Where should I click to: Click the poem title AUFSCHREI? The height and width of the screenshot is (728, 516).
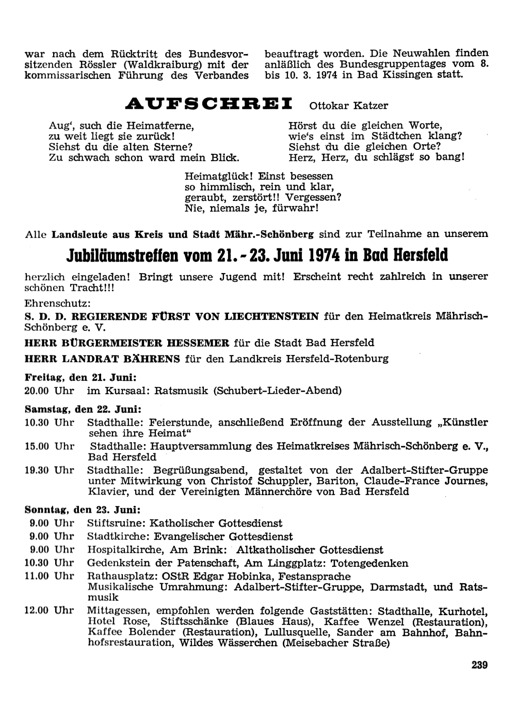tap(209, 104)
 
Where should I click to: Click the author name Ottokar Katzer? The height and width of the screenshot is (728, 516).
tap(348, 106)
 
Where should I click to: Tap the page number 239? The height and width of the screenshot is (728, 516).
tap(479, 665)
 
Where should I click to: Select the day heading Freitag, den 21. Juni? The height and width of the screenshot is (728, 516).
tap(80, 377)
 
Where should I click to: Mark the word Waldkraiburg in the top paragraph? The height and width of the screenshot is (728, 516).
tap(173, 64)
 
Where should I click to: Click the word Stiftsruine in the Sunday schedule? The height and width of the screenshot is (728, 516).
tap(116, 523)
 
